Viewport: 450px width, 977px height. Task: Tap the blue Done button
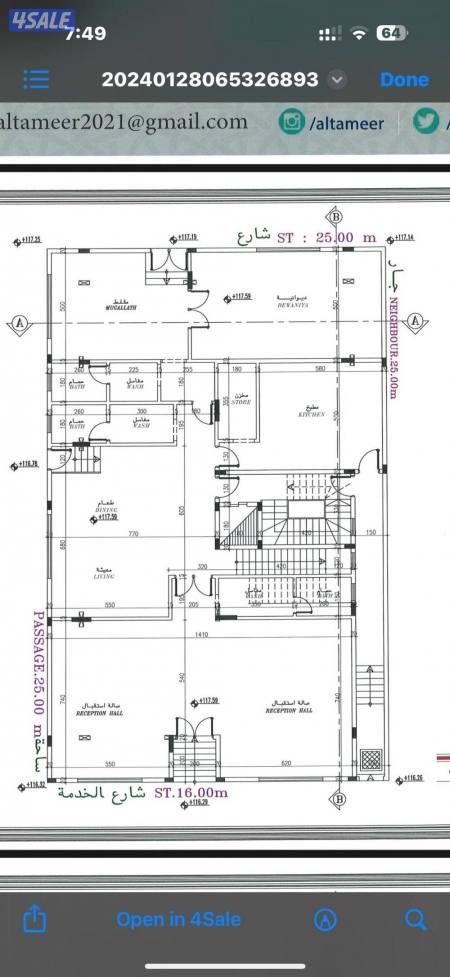pyautogui.click(x=404, y=80)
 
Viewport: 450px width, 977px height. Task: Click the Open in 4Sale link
pyautogui.click(x=178, y=919)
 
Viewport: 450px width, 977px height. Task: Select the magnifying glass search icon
pyautogui.click(x=415, y=918)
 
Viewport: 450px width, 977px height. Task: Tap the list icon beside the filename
pyautogui.click(x=37, y=80)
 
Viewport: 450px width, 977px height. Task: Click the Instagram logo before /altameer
pyautogui.click(x=292, y=122)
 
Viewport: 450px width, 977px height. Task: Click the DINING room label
pyautogui.click(x=108, y=508)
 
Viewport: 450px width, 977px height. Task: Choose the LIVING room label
pyautogui.click(x=103, y=574)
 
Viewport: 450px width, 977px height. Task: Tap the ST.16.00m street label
pyautogui.click(x=191, y=792)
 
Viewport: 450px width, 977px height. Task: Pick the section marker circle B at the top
pyautogui.click(x=335, y=217)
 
